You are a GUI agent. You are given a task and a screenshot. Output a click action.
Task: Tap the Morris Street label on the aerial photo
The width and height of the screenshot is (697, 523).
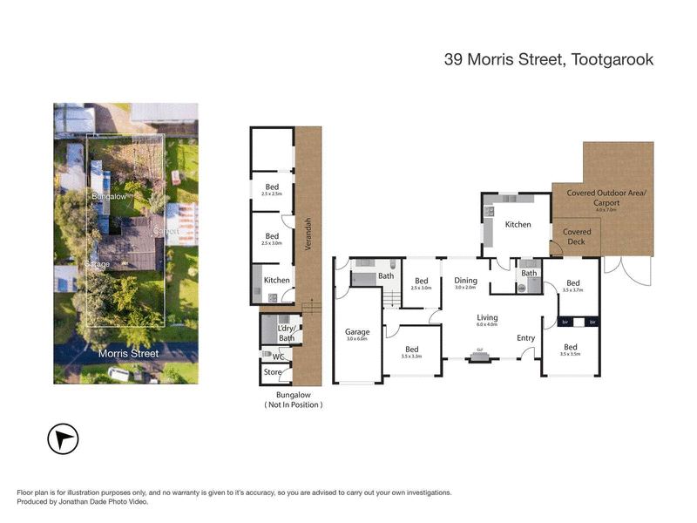coord(129,354)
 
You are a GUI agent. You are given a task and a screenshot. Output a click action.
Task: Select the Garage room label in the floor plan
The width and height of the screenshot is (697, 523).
coord(357,332)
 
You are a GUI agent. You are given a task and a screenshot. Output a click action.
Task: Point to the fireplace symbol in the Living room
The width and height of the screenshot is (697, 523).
coord(478,357)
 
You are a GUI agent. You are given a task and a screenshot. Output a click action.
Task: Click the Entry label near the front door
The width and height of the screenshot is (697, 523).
coord(525,338)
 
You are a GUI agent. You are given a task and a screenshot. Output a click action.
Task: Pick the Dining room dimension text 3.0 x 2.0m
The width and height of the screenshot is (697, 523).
coord(466,288)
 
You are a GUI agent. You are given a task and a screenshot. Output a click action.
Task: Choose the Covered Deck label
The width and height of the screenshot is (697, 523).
coord(577,237)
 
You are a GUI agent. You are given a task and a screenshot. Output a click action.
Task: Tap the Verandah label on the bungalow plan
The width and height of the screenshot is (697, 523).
coord(308,234)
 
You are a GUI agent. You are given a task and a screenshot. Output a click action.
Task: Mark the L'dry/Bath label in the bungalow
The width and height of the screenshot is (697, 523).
coord(287,333)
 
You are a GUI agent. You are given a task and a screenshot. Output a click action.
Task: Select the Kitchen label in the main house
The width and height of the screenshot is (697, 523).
coord(518,225)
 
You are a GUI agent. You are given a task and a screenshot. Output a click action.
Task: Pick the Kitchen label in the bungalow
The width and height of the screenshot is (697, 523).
coord(277,281)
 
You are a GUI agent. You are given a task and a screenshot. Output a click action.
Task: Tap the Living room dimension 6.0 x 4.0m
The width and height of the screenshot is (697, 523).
coord(486,324)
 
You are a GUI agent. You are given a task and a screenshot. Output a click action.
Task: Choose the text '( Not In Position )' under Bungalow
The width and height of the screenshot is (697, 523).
coord(293,405)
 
